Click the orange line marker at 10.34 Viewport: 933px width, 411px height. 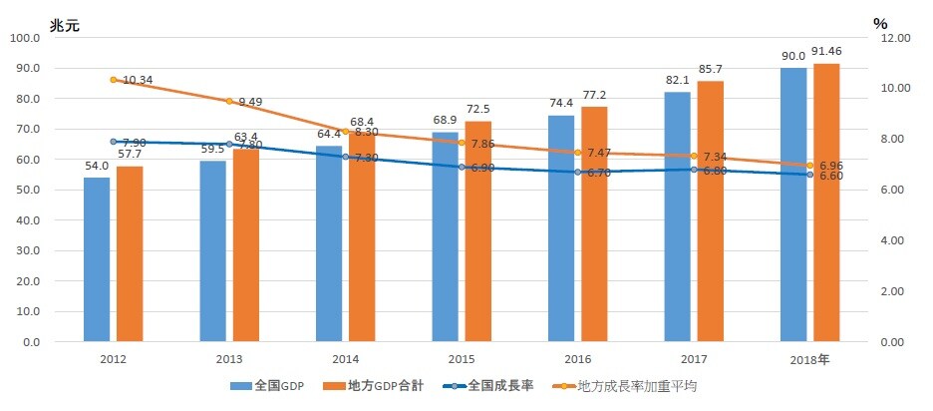(x=114, y=79)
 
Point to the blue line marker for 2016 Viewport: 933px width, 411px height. (x=578, y=172)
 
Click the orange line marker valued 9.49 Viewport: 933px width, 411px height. (x=229, y=101)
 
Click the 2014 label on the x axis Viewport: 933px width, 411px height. (x=346, y=358)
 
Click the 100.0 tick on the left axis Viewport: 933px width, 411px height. (x=24, y=38)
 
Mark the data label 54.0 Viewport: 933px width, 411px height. (x=96, y=167)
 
